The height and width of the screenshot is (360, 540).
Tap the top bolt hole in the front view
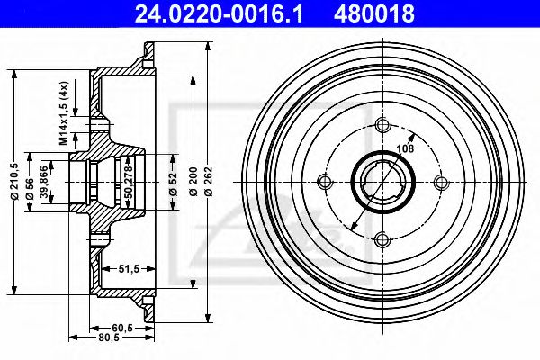[x=382, y=125]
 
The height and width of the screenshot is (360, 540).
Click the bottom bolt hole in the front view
[x=382, y=238]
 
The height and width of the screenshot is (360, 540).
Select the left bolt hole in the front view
[x=325, y=182]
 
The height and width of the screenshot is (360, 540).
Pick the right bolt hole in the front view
[x=438, y=182]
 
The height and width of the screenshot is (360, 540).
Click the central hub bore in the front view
[x=382, y=183]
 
